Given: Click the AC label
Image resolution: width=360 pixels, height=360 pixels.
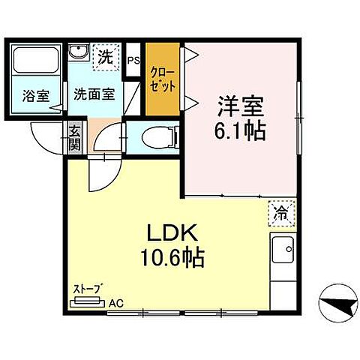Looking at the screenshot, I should pyautogui.click(x=115, y=304).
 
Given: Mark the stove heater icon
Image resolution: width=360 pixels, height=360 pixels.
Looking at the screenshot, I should pyautogui.click(x=87, y=303).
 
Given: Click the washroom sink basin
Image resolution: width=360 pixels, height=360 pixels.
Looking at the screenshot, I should pyautogui.click(x=79, y=53).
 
